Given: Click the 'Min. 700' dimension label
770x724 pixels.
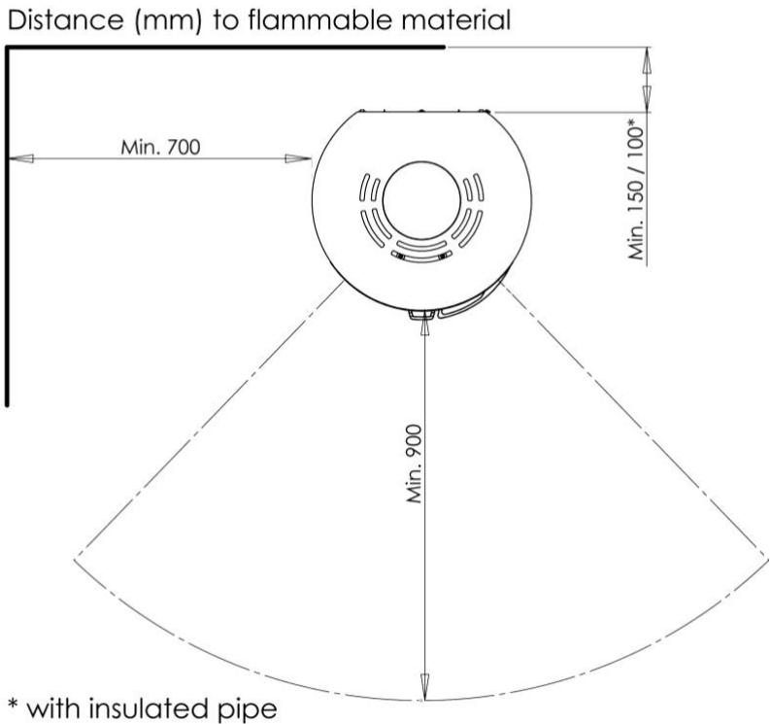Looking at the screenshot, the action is [x=160, y=147].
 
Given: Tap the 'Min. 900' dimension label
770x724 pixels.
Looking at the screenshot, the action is [x=415, y=464].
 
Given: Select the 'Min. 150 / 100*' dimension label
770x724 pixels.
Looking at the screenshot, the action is [x=637, y=189].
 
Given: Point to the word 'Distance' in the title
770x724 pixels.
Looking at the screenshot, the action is [x=66, y=20].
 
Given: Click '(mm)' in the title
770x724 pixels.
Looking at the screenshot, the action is [x=168, y=21].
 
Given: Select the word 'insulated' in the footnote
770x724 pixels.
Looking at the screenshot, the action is [x=151, y=708].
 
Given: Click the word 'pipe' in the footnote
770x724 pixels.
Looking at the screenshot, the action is [x=250, y=710].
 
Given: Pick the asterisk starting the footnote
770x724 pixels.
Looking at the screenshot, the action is [x=14, y=703].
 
